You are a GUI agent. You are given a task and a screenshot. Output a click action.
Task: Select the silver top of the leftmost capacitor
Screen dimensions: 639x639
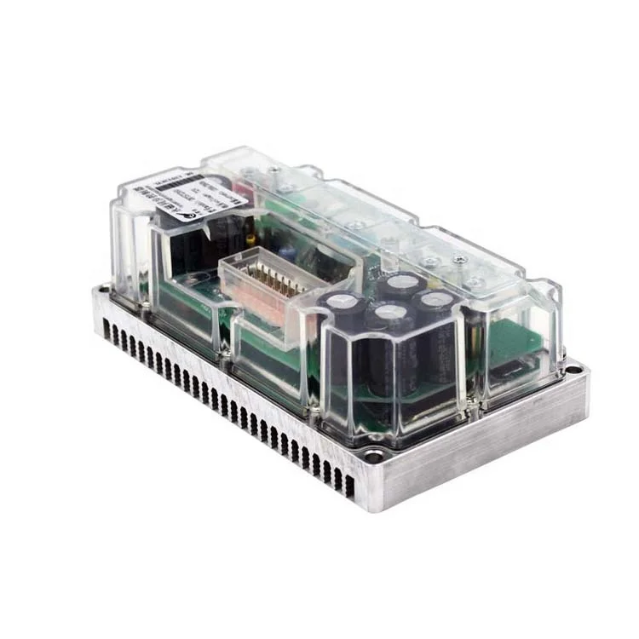342,302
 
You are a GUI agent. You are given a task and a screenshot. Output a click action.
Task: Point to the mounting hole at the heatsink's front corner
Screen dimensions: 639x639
375,458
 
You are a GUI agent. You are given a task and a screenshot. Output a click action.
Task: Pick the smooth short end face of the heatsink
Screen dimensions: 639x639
486,443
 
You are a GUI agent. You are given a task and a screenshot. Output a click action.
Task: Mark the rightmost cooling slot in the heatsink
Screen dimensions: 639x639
348,482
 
